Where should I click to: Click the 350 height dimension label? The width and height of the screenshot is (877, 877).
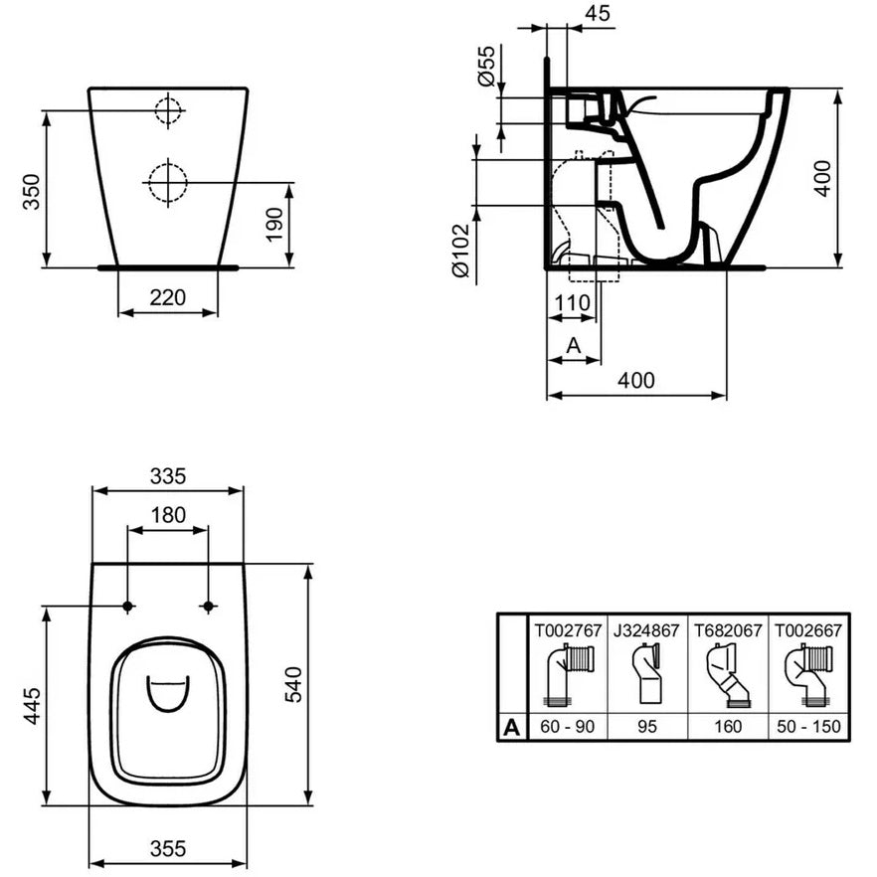click(x=32, y=192)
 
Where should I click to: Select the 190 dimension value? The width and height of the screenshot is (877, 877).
click(x=274, y=225)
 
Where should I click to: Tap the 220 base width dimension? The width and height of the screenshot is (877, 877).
click(x=168, y=297)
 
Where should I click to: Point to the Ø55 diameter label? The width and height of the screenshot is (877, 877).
click(x=486, y=66)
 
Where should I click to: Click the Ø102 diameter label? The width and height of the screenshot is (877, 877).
click(x=462, y=250)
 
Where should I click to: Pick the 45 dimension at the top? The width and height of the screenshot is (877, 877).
click(x=597, y=13)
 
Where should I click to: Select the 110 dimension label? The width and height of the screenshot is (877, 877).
click(x=572, y=302)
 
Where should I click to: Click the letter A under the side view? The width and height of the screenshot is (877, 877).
click(x=574, y=346)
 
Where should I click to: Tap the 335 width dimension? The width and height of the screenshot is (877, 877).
click(x=168, y=476)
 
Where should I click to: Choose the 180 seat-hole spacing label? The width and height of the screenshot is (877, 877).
click(x=168, y=515)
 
